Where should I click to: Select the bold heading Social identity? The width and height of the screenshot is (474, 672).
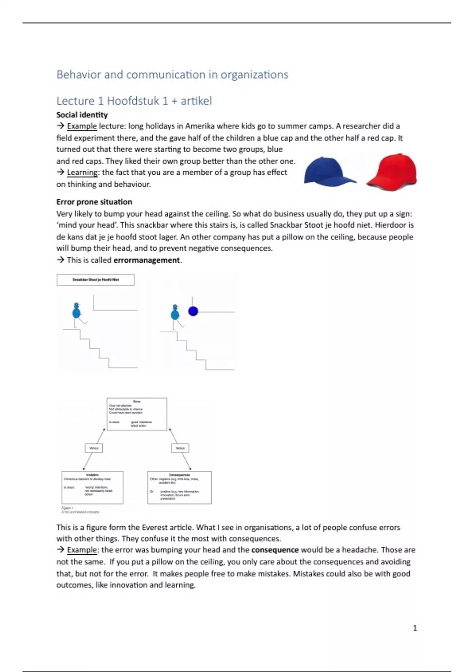click(82, 115)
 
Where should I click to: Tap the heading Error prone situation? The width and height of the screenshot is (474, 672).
click(94, 202)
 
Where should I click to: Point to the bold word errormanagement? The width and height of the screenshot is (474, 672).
click(147, 260)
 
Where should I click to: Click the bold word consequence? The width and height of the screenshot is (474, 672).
click(275, 550)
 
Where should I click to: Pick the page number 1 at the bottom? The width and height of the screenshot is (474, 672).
click(415, 628)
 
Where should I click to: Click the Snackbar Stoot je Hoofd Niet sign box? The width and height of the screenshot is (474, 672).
click(96, 279)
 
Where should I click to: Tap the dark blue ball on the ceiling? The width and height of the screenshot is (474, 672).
click(193, 311)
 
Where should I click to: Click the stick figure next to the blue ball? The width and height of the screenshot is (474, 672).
click(175, 315)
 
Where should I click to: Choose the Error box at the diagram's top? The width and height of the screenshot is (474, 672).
click(137, 414)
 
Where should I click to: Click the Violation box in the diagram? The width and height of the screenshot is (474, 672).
click(92, 487)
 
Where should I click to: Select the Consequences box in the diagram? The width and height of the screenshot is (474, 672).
click(179, 487)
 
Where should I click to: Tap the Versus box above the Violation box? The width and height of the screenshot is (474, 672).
click(94, 448)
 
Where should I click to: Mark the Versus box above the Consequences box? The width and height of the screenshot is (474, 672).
click(180, 448)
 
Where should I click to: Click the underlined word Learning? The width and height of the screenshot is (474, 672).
click(82, 172)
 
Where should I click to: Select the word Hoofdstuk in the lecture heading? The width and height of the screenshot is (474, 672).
click(133, 101)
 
